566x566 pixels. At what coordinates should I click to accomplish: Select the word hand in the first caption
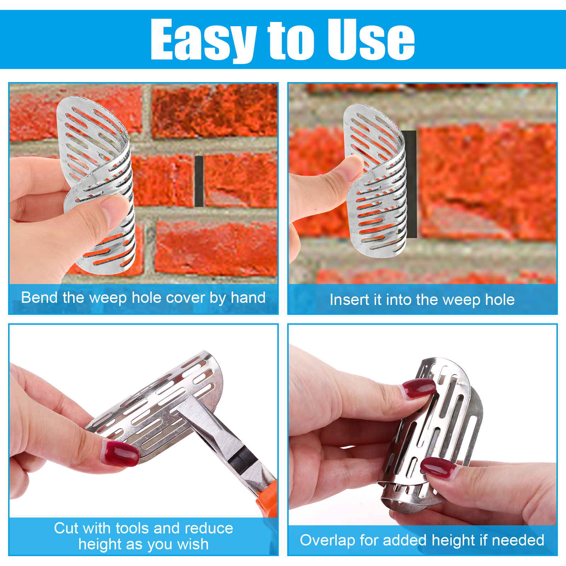point(248,298)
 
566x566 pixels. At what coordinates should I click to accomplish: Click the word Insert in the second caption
point(350,300)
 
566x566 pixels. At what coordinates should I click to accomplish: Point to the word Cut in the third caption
point(66,528)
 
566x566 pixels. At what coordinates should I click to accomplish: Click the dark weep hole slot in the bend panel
point(199,181)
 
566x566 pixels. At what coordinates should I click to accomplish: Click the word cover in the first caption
point(186,298)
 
